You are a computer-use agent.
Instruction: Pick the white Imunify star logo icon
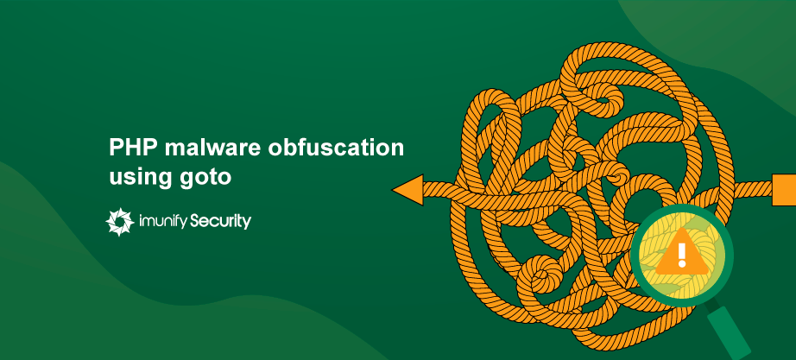click(120, 222)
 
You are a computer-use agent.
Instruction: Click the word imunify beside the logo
click(163, 221)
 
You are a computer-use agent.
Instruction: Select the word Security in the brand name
click(221, 221)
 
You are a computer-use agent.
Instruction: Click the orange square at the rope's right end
click(784, 189)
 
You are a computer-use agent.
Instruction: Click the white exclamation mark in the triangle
click(682, 255)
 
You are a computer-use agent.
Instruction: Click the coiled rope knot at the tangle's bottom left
click(540, 275)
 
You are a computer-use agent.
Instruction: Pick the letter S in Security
click(197, 220)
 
